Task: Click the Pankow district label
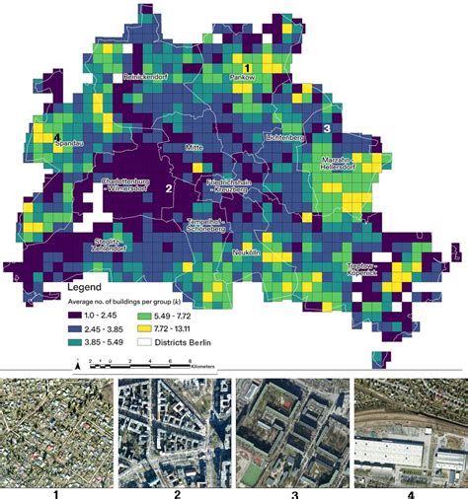(244, 77)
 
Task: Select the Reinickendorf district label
(148, 76)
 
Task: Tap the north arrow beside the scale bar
(77, 365)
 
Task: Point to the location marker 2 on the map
(169, 187)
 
